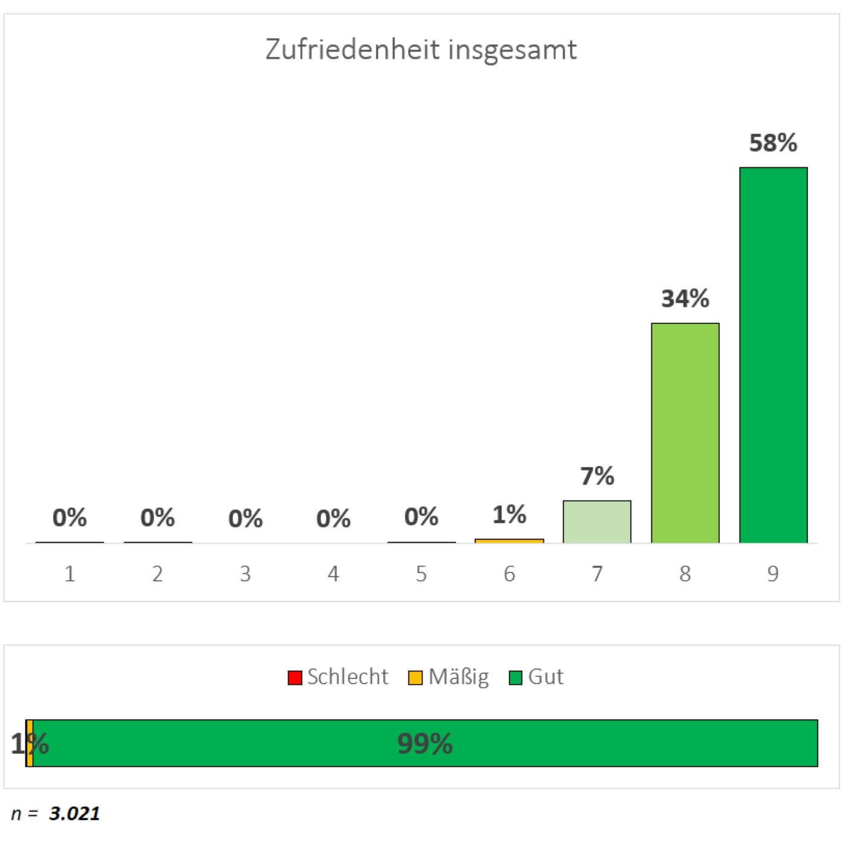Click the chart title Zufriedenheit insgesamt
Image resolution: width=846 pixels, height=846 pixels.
click(421, 50)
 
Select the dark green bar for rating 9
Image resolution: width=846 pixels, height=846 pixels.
click(773, 355)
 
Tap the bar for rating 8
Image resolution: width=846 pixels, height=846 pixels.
click(685, 433)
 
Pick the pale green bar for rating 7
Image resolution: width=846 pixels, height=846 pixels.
click(597, 521)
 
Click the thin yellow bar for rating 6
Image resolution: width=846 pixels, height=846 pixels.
click(509, 541)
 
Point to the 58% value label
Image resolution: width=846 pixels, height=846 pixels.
click(773, 143)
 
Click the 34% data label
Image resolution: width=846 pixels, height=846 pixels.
click(685, 299)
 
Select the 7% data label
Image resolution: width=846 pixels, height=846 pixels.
click(597, 476)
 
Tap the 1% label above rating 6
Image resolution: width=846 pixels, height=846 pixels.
click(509, 514)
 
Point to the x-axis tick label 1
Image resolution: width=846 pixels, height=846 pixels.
click(70, 573)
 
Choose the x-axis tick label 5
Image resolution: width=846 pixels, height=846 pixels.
click(421, 573)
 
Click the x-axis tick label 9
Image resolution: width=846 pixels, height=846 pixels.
click(773, 573)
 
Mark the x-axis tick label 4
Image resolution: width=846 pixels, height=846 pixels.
click(333, 573)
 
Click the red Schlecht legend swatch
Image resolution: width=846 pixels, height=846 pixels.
click(294, 677)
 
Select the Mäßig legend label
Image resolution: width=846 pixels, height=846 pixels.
click(458, 677)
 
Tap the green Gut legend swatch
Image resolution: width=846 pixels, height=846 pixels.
click(515, 677)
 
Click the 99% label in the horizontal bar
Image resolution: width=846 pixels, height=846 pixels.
click(425, 744)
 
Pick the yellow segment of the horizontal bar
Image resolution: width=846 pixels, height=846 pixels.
click(30, 743)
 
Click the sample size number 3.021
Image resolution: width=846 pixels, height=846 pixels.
click(74, 813)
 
